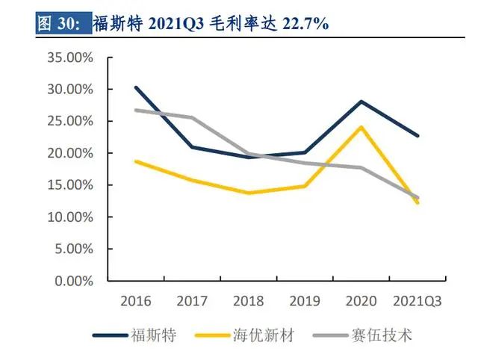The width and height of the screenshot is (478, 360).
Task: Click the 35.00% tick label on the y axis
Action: coord(72,58)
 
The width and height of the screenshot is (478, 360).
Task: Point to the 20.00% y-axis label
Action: coord(72,153)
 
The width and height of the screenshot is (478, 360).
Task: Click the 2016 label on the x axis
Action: coord(135,301)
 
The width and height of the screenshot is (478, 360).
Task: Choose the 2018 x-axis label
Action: coord(248,301)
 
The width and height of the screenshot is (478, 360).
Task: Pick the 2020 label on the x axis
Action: coord(361,301)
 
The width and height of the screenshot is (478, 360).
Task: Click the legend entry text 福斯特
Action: coord(154,335)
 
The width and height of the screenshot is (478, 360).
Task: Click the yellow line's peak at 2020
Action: coord(361,127)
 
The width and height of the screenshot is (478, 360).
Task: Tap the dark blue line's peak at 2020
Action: coord(361,102)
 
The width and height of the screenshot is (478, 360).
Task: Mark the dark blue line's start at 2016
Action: coord(135,87)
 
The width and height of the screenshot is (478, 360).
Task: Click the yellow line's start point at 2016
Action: coord(135,161)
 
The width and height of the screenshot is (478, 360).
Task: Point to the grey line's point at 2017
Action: coord(192,117)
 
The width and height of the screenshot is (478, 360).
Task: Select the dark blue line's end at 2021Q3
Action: coord(418,136)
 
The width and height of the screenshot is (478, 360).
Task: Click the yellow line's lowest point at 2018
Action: coord(248,193)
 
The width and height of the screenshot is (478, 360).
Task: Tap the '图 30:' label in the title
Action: coord(61,24)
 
